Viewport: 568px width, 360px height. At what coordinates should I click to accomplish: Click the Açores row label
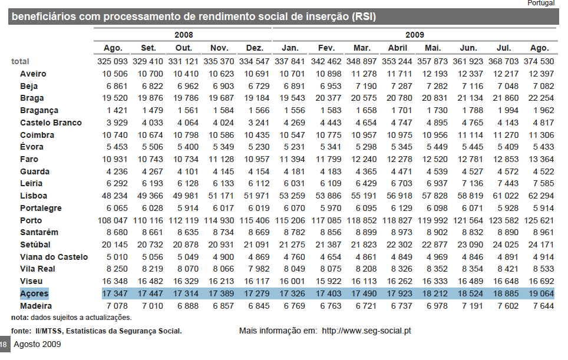34,294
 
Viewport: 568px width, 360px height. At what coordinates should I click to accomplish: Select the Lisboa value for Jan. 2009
292,196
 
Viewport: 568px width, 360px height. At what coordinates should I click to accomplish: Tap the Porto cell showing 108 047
113,220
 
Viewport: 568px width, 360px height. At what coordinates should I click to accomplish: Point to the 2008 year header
184,35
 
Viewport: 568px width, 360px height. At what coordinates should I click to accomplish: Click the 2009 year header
415,35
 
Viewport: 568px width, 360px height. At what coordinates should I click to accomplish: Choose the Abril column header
398,48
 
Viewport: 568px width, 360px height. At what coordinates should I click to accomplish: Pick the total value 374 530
539,61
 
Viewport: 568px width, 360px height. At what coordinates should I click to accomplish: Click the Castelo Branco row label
51,123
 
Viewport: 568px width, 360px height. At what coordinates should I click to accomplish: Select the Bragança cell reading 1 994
508,110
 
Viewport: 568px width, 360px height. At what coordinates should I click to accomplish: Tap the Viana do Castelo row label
54,257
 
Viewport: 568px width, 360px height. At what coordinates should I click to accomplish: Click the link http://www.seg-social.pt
366,331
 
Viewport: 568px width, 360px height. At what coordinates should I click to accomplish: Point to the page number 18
4,345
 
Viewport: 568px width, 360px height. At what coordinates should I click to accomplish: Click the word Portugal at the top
541,4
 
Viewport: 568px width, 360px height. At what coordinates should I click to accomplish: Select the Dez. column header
255,48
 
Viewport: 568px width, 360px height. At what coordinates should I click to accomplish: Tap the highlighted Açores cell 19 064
541,294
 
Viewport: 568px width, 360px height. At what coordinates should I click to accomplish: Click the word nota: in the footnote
20,318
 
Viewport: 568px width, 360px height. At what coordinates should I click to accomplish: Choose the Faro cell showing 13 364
541,159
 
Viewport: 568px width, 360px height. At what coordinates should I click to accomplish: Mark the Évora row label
32,147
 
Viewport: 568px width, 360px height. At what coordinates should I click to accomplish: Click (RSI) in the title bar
364,16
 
